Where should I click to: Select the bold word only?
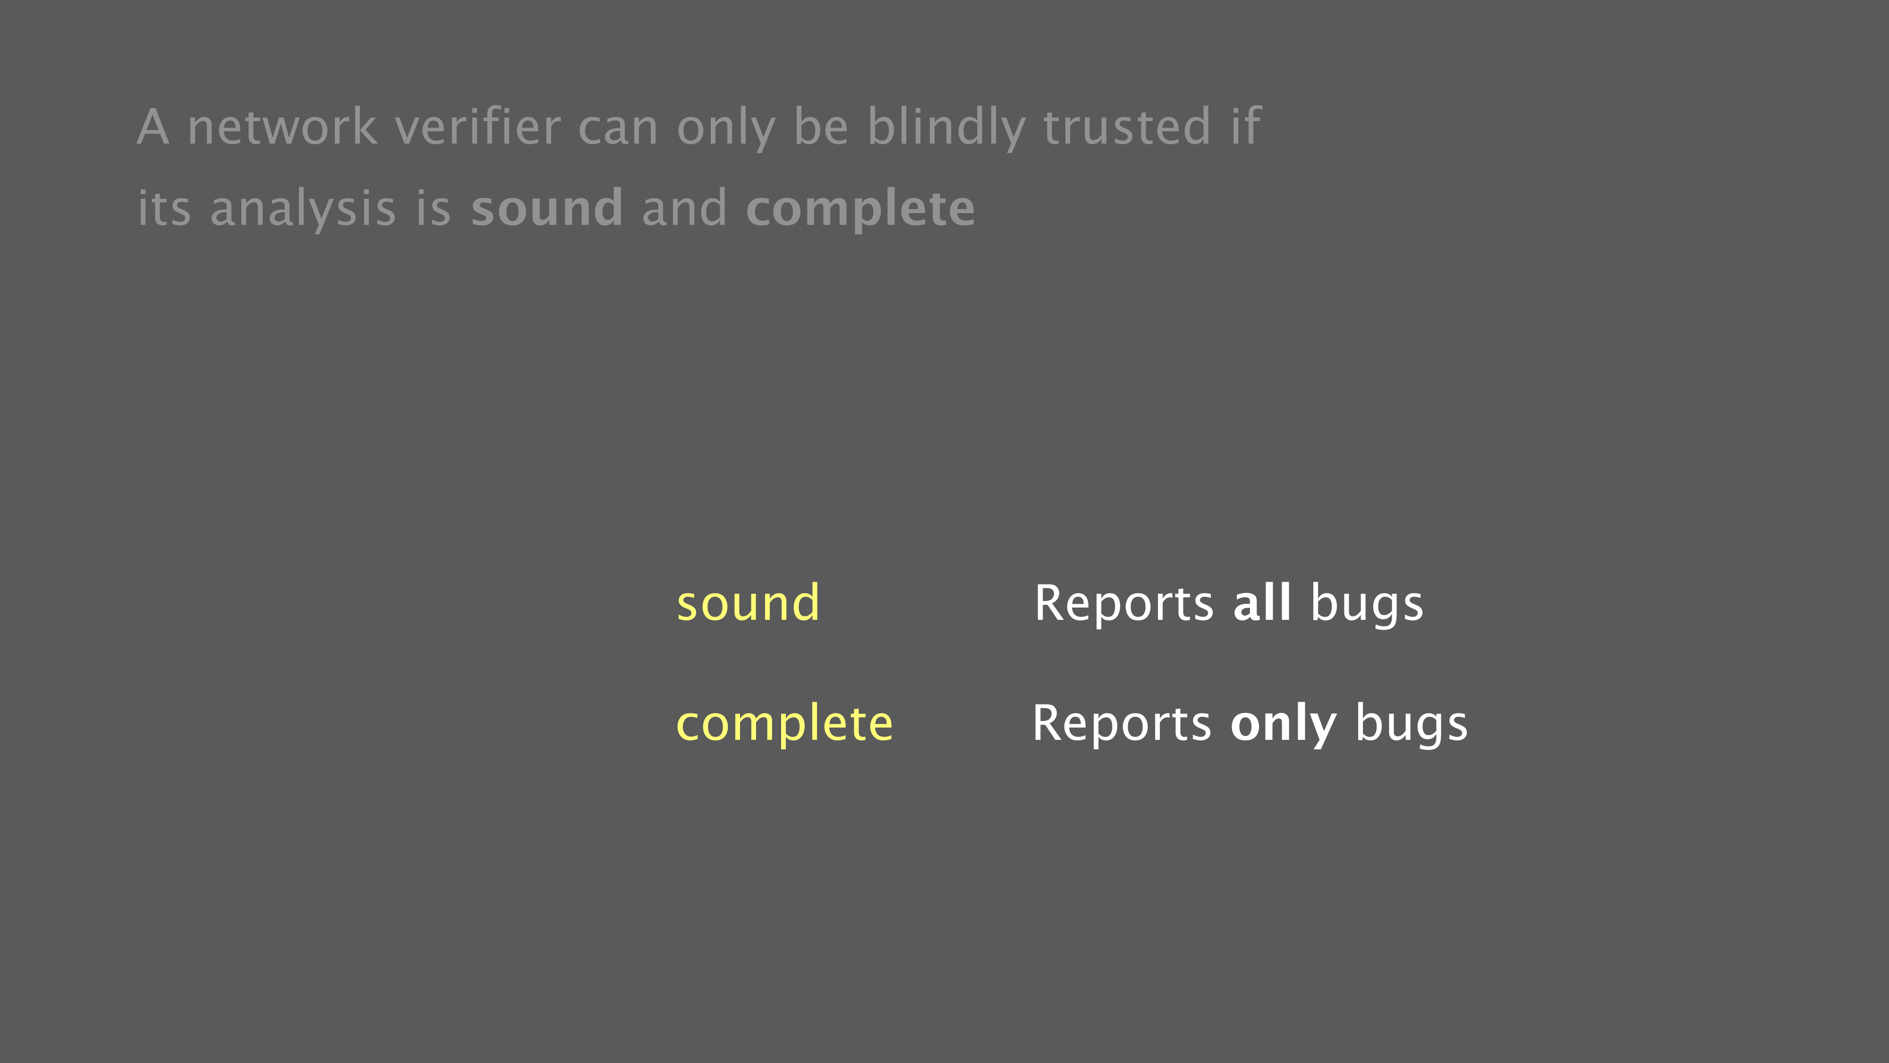[x=1283, y=725]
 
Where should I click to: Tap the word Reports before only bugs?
[x=1122, y=725]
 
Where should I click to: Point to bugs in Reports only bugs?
[x=1412, y=725]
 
